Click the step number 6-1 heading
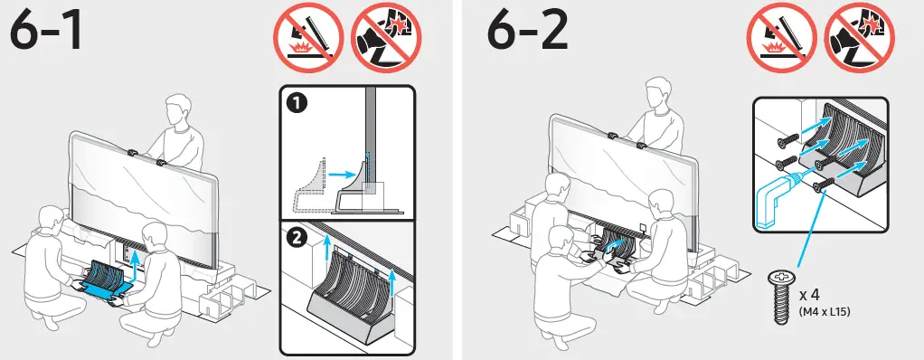click(46, 33)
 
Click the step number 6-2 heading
click(528, 33)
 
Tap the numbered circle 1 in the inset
click(296, 104)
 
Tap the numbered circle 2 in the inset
click(296, 239)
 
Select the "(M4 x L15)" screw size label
click(825, 312)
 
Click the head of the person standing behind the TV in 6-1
click(177, 110)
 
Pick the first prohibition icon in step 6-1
click(307, 38)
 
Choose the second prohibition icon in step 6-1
click(386, 38)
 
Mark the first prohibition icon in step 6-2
click(781, 38)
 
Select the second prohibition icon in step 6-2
click(860, 38)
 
